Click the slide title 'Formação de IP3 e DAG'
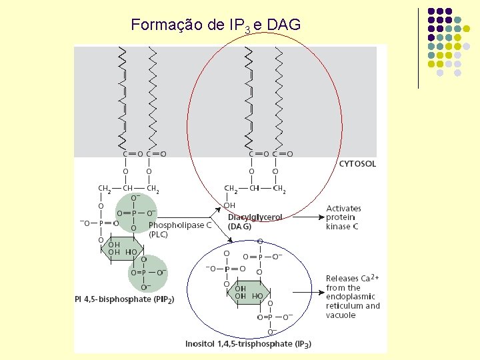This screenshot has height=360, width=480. click(216, 25)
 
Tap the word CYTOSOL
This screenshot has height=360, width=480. click(357, 163)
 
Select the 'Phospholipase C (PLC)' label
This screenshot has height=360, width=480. click(179, 229)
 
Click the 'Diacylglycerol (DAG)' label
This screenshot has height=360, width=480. click(255, 221)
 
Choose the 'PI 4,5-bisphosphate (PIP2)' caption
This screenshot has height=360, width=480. click(124, 300)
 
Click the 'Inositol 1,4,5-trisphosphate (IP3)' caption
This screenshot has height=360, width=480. click(248, 344)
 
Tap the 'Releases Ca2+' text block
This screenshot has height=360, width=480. click(353, 296)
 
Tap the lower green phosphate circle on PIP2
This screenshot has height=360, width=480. click(146, 273)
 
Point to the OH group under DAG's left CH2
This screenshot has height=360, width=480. click(229, 205)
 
